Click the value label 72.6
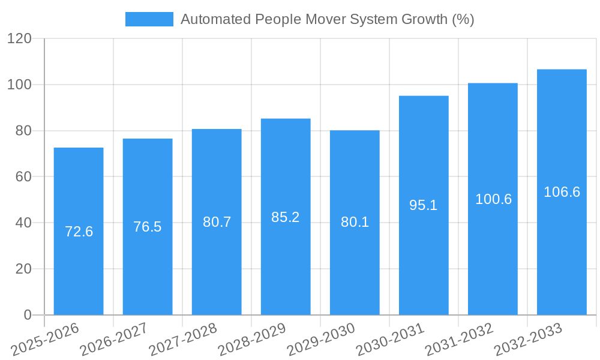(x=79, y=232)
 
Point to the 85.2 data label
(x=286, y=217)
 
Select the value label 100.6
(x=493, y=200)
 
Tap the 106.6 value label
(x=562, y=192)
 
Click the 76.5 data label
(x=148, y=227)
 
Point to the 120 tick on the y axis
(x=19, y=39)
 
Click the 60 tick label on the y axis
(x=23, y=177)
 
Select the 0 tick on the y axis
(x=27, y=315)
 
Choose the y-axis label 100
(x=19, y=85)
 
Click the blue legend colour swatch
(x=149, y=19)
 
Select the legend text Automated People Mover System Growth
(x=327, y=19)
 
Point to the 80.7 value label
(x=217, y=222)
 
